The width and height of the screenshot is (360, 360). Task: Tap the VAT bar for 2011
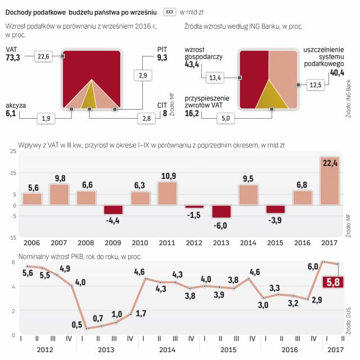pyautogui.click(x=168, y=193)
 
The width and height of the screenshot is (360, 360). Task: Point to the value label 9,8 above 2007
pyautogui.click(x=60, y=179)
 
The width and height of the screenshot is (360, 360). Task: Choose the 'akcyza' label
pyautogui.click(x=16, y=105)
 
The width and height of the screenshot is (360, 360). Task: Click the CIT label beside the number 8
pyautogui.click(x=161, y=105)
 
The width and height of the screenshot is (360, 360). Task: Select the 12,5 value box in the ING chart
pyautogui.click(x=316, y=85)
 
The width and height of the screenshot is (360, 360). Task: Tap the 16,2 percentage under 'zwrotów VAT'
pyautogui.click(x=192, y=113)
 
